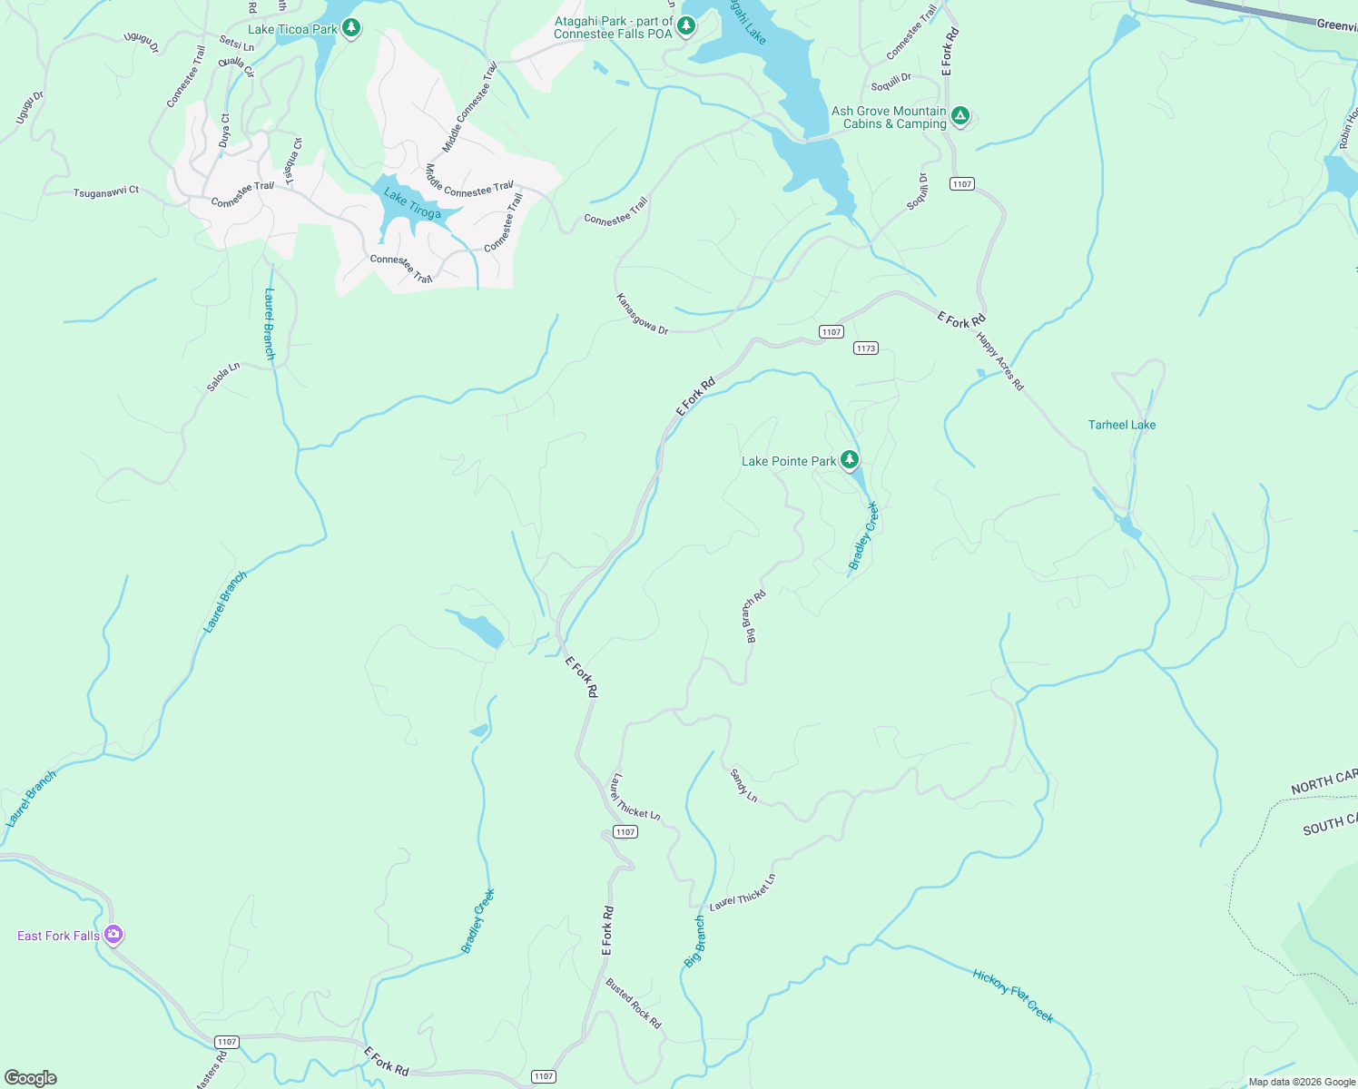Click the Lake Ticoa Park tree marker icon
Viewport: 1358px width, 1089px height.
coord(351,28)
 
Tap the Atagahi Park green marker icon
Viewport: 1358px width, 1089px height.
coord(687,25)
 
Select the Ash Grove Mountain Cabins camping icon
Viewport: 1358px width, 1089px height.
coord(960,116)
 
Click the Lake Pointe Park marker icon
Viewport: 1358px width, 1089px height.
coord(850,460)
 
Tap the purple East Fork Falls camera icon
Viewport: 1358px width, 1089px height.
coord(113,935)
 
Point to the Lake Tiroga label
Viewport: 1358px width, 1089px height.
coord(412,204)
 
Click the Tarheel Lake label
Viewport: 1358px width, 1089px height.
coord(1121,425)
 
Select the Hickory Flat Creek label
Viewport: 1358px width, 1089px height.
coord(1013,996)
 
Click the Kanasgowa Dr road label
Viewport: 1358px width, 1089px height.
coord(642,314)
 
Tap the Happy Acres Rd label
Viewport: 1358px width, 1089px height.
coord(1000,361)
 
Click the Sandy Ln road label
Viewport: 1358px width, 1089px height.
coord(743,785)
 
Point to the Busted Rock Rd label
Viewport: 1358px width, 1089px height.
coord(634,1003)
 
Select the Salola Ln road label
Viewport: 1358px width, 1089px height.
coord(222,377)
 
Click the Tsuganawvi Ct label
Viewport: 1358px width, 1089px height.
coord(106,191)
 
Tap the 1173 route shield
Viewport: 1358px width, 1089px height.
coord(865,348)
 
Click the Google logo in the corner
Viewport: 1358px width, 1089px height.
coord(30,1078)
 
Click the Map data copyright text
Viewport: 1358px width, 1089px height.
coord(1301,1082)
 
